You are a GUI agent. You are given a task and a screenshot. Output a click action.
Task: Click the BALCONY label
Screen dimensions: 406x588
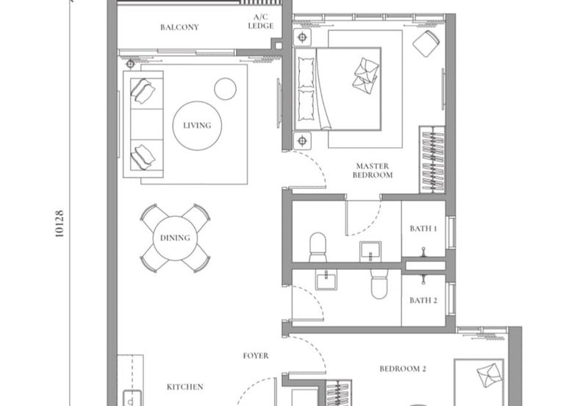coord(180,27)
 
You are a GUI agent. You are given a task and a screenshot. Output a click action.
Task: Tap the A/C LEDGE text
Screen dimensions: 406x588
coord(262,21)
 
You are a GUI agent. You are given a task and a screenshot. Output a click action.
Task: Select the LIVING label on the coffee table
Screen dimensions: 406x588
coord(196,125)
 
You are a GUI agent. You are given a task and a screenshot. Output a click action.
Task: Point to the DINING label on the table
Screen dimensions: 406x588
coord(175,238)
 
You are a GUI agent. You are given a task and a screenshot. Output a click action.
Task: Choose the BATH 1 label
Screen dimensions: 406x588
coord(423,229)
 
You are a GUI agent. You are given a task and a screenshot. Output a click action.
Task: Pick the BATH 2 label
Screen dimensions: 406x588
coord(423,300)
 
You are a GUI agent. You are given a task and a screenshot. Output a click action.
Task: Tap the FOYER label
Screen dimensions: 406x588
coord(256,356)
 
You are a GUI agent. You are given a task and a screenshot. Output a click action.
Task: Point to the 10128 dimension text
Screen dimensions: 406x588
coord(60,223)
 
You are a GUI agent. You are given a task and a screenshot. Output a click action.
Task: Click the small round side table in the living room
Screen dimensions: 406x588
coord(225,88)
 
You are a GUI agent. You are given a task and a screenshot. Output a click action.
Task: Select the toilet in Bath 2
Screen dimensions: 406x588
coord(379,285)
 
